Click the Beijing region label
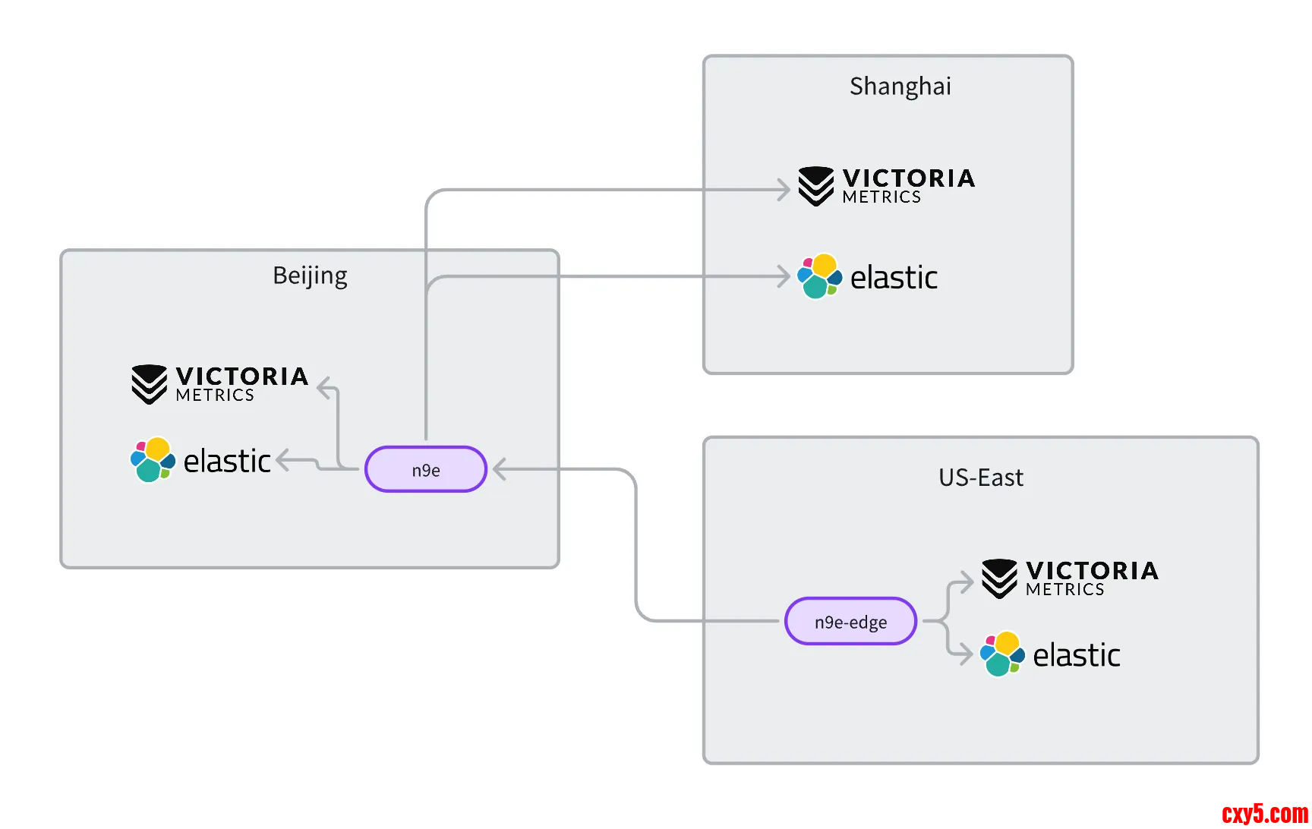tap(310, 276)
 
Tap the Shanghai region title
tap(900, 87)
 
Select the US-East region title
tap(980, 478)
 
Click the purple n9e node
tap(426, 470)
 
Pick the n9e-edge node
tap(850, 622)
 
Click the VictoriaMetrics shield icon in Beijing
tap(149, 384)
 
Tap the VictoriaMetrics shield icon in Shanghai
tap(816, 186)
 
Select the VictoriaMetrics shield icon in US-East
tap(999, 578)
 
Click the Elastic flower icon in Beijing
tap(153, 460)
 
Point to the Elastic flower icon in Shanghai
tap(819, 276)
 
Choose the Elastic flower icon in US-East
tap(1002, 654)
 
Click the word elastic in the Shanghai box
tap(894, 278)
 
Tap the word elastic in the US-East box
tap(1077, 655)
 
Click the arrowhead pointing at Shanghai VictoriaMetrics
tap(784, 190)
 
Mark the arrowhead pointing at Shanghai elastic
tap(784, 276)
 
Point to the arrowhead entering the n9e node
tap(500, 469)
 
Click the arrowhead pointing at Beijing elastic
tap(282, 459)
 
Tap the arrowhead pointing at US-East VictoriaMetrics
tap(967, 582)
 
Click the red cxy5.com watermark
tap(1265, 815)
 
